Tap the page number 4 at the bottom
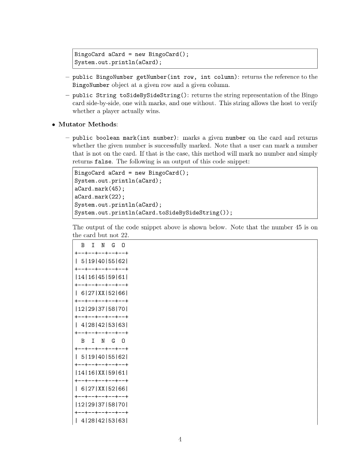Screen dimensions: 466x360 pos(180,439)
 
